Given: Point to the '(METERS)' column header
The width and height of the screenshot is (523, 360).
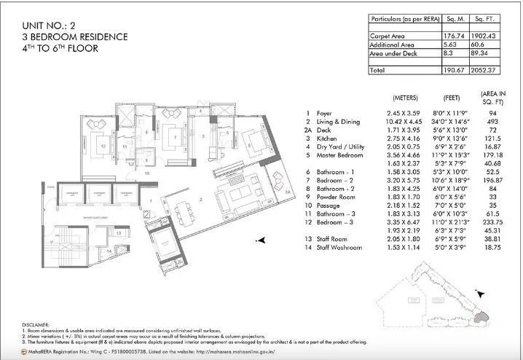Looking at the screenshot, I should (405, 98).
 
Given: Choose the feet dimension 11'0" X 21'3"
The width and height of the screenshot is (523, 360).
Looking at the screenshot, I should (448, 222).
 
